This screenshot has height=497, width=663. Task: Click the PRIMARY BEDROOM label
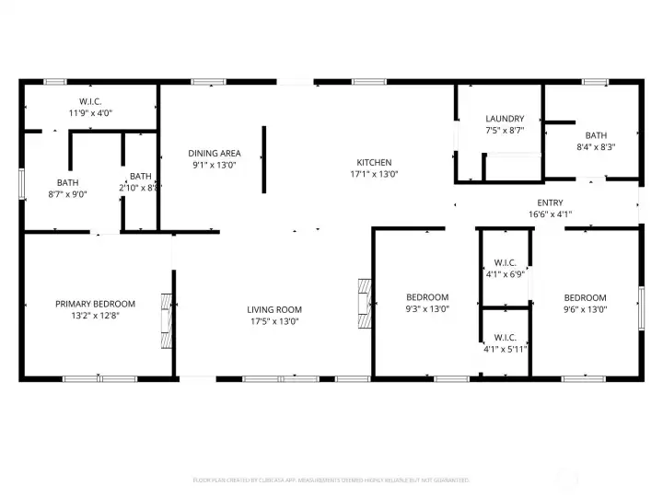coord(95,304)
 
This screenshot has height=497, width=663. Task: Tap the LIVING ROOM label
coord(273,309)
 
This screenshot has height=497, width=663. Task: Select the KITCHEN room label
coord(375,162)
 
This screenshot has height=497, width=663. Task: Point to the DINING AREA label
coord(215,154)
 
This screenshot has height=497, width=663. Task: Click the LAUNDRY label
coord(505,119)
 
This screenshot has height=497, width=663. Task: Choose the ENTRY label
coord(550,202)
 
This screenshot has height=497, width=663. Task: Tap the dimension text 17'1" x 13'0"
coord(375,174)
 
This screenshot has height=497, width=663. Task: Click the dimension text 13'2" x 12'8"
coord(95,316)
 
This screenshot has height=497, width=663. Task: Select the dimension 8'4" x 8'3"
coord(596,147)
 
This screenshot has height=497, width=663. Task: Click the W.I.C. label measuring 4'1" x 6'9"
coord(505,262)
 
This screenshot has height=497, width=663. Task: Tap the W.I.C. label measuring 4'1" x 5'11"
coord(505,338)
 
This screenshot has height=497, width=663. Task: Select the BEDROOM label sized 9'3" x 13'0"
coord(427,297)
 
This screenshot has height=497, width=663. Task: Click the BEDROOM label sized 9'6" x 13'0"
coord(585,297)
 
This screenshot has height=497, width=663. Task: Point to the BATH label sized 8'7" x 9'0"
coord(67,182)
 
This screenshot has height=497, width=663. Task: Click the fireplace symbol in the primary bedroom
coord(167,320)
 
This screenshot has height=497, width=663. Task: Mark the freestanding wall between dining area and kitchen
coord(263,156)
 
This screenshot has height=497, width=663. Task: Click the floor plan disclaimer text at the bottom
coord(331,480)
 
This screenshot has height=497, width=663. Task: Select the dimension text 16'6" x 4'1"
coord(550,214)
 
